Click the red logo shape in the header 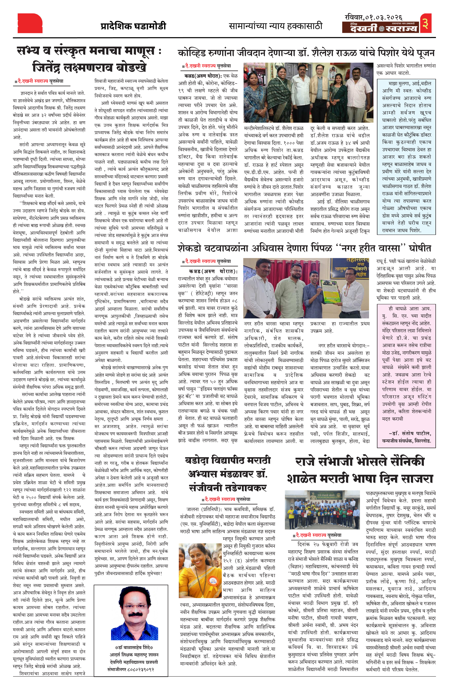[30, 23]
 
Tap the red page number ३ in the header [425, 23]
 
